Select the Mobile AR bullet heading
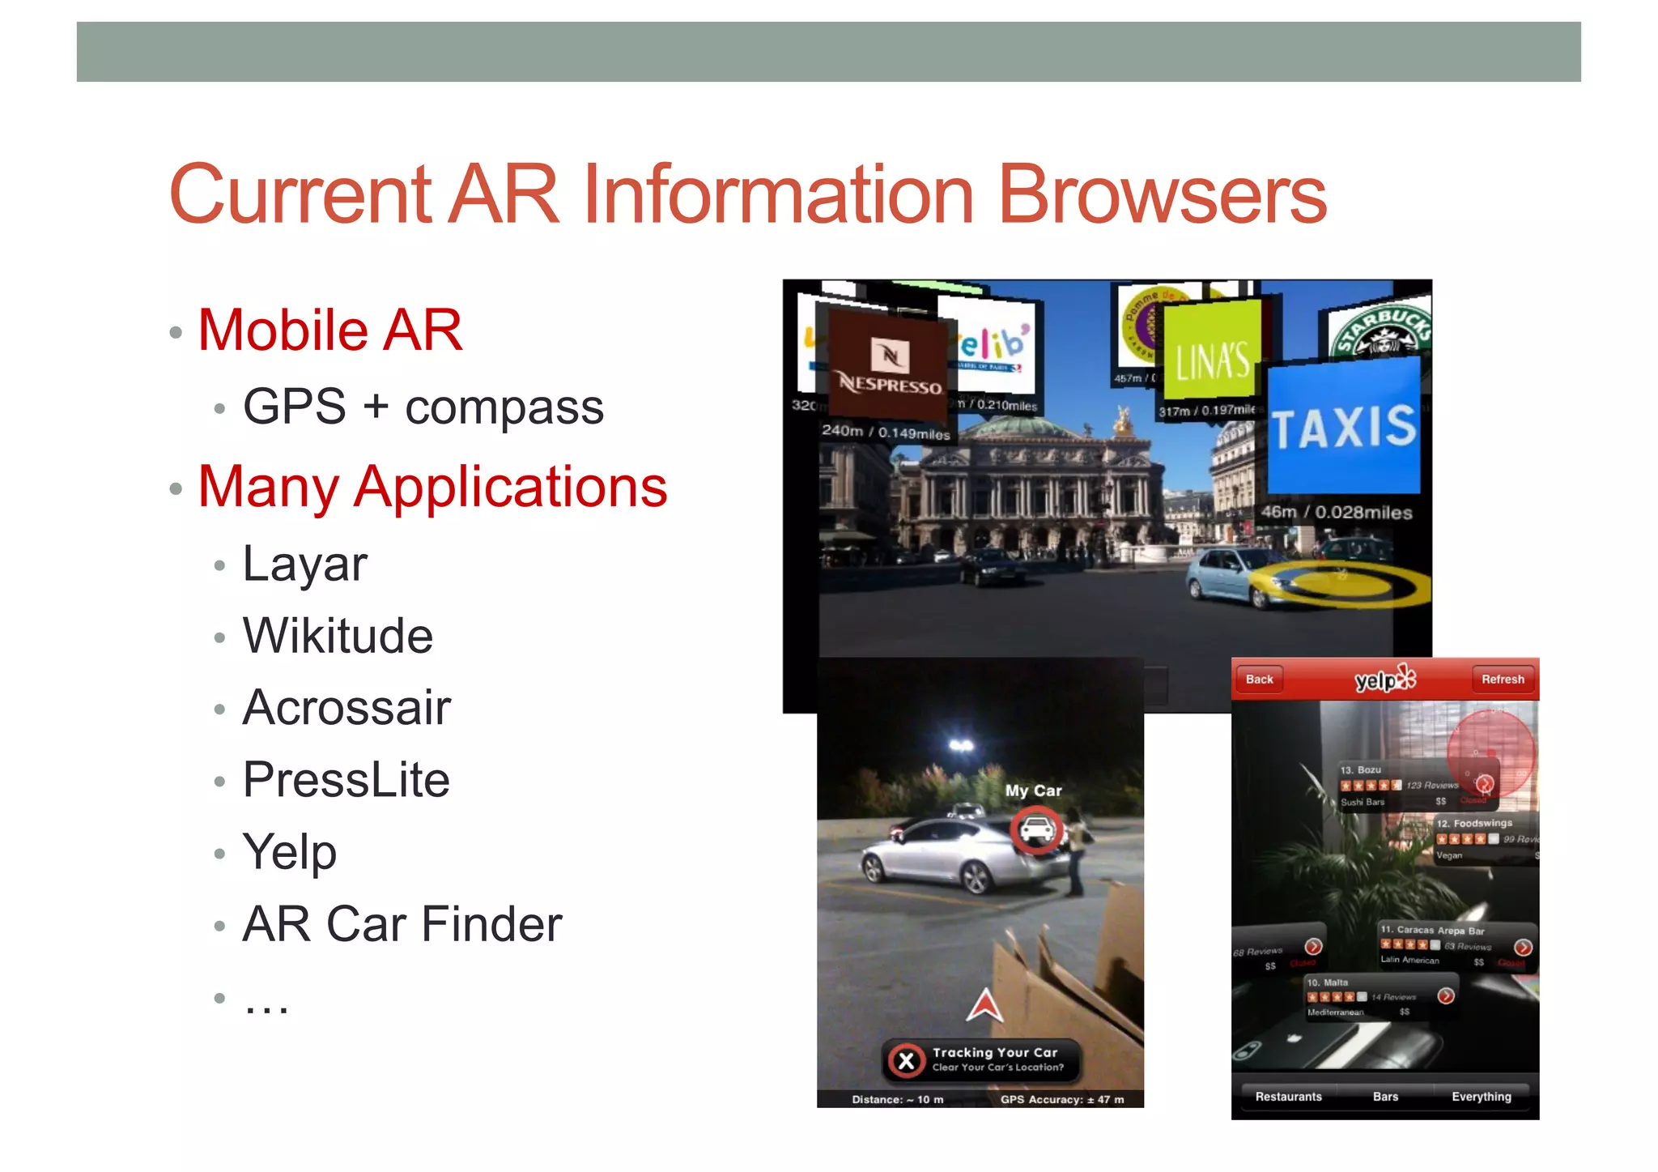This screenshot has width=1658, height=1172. (329, 330)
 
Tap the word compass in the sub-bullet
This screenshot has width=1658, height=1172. (504, 407)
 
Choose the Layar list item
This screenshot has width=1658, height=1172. (304, 564)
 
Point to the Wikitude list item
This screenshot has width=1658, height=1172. (338, 636)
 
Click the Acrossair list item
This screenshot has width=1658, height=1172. (346, 708)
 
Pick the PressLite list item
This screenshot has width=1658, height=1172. (346, 780)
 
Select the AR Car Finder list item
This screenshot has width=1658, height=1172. (402, 924)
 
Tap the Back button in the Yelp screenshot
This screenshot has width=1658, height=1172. (1259, 680)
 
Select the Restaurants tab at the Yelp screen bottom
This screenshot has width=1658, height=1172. (1288, 1097)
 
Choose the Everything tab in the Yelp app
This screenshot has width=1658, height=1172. (1481, 1097)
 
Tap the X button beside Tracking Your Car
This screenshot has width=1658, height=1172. (907, 1060)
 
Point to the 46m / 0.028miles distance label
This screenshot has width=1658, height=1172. (1336, 513)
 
